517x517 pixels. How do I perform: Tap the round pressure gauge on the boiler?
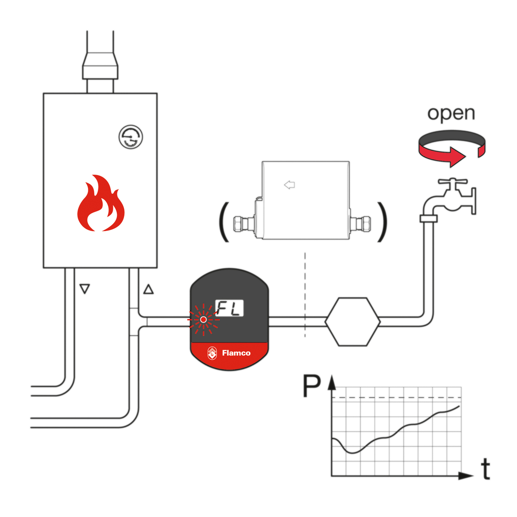(131, 137)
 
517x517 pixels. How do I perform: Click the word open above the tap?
(451, 113)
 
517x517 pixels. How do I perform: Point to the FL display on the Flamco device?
(229, 308)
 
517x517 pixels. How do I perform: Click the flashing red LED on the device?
(203, 320)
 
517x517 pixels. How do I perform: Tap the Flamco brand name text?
(236, 353)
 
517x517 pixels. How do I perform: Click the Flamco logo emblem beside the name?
(212, 353)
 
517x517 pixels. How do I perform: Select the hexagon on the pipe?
(352, 321)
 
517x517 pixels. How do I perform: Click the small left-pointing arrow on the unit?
(290, 185)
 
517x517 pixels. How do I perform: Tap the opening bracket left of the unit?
(224, 222)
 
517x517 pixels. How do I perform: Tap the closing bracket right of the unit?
(382, 222)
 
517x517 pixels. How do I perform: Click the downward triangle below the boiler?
(85, 289)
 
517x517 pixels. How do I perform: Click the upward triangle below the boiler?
(148, 289)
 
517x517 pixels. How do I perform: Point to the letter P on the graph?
(312, 386)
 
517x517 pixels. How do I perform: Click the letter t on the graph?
(486, 469)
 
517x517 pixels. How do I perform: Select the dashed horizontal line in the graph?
(396, 397)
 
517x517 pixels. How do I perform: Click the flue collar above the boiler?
(100, 66)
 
